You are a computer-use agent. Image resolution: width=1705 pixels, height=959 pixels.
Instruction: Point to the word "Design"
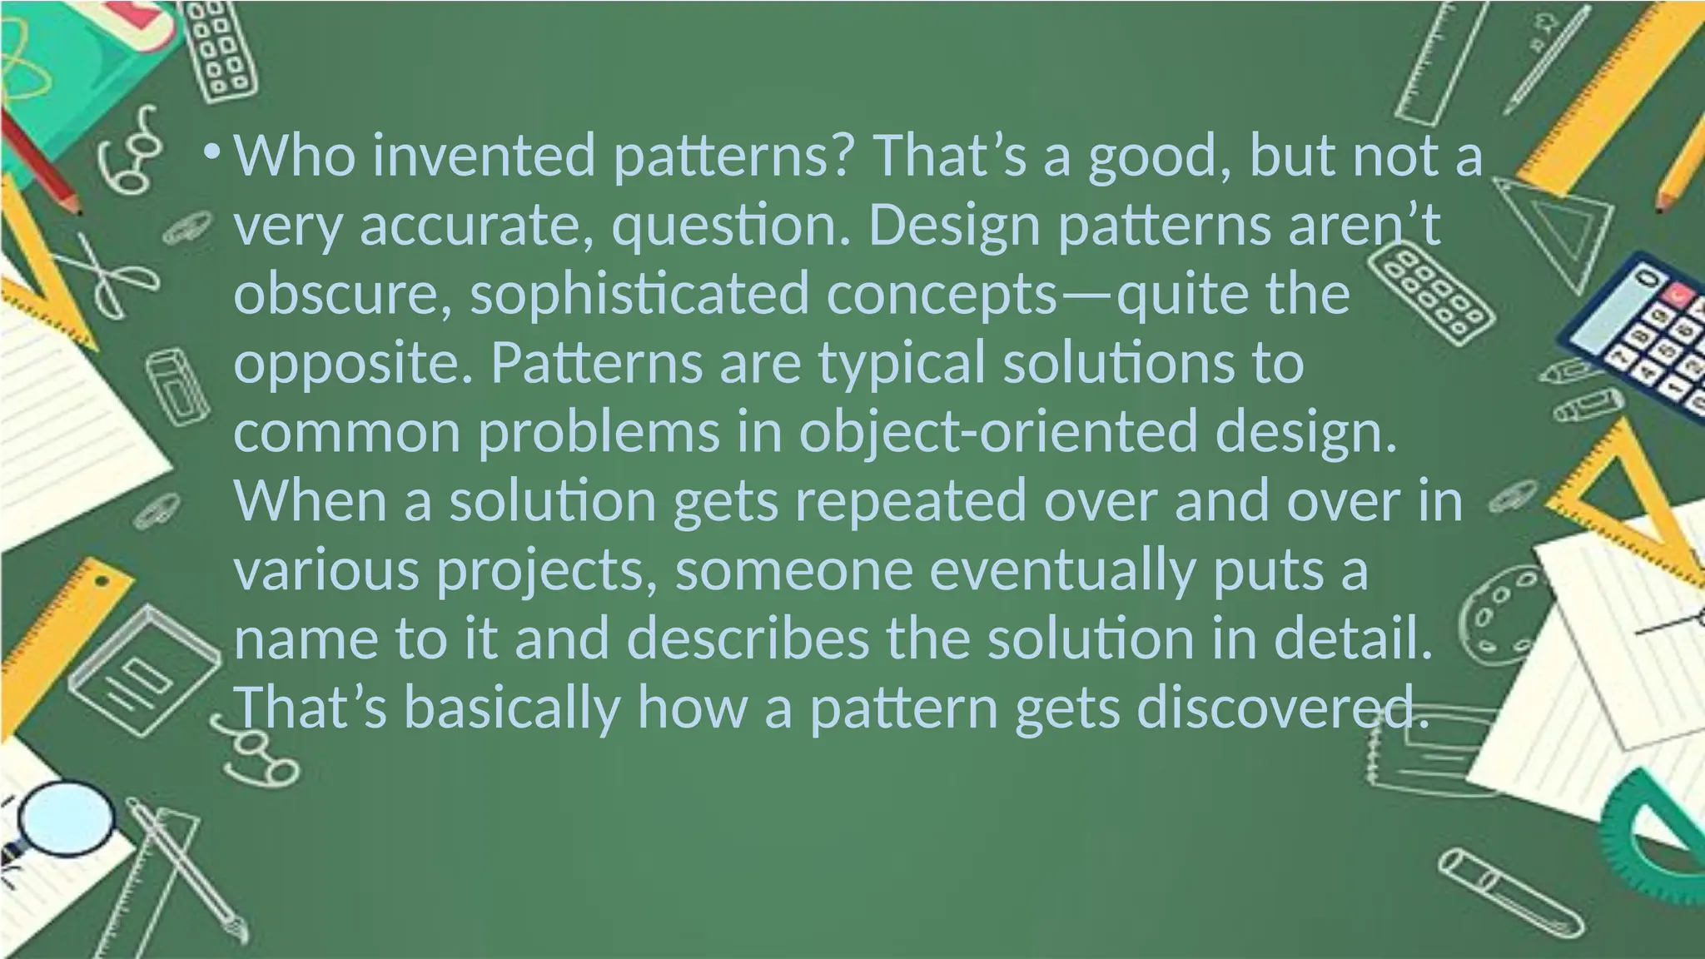tap(954, 226)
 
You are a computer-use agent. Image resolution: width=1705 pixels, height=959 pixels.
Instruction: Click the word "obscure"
tap(342, 295)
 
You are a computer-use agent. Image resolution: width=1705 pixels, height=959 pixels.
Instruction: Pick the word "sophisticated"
tap(639, 295)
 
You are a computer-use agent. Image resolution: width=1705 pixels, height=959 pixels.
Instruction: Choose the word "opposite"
tap(352, 364)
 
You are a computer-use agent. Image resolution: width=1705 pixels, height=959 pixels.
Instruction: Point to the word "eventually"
tap(1061, 572)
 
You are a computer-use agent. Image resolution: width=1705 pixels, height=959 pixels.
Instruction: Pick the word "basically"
tap(512, 709)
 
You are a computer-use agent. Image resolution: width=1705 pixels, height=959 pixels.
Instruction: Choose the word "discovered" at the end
tap(1283, 709)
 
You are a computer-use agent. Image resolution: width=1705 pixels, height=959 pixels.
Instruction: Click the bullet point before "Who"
tap(211, 153)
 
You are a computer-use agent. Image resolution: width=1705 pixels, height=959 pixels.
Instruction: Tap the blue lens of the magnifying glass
tap(67, 819)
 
